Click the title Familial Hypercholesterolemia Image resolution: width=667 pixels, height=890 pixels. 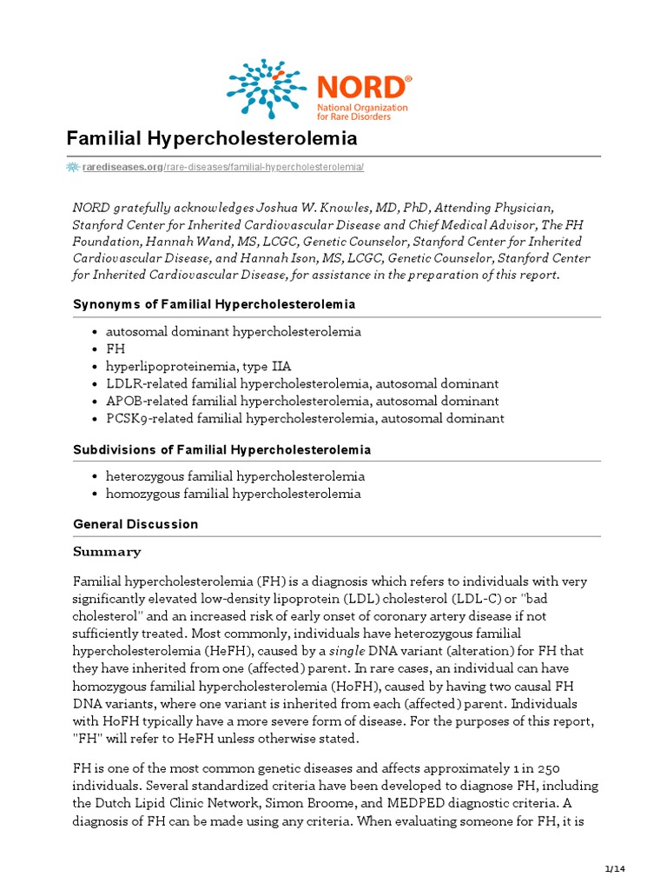(x=212, y=139)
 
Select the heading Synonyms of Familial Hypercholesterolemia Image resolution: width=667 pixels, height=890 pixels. (x=214, y=304)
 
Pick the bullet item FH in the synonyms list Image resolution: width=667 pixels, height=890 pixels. (x=116, y=349)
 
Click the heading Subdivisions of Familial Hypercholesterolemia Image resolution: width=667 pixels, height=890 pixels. (x=221, y=449)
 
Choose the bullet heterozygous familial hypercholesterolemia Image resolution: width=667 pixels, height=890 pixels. (x=234, y=476)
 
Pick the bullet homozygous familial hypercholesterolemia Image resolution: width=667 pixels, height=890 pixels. (x=233, y=494)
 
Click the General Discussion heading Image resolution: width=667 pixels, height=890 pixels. (x=135, y=524)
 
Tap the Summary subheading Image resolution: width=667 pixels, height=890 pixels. (x=107, y=552)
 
